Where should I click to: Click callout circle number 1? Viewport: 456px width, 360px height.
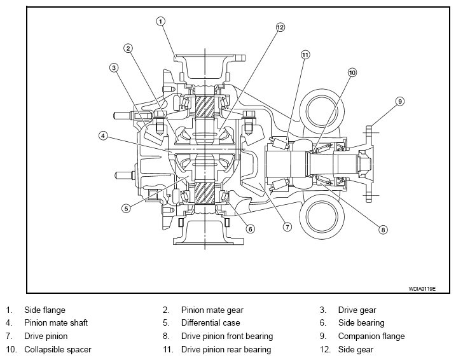pos(160,21)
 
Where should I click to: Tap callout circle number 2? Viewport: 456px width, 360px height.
pos(128,48)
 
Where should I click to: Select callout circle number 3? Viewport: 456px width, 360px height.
pos(114,68)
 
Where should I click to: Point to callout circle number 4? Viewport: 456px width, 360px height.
pos(103,135)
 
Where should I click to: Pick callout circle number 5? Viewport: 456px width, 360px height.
pos(126,208)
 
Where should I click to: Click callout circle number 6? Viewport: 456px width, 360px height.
pos(251,229)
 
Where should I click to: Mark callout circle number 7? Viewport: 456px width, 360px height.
pos(287,227)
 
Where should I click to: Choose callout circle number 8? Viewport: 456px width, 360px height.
pos(383,230)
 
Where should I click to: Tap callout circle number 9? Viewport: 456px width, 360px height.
pos(400,101)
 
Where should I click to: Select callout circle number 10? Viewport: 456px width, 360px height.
pos(352,73)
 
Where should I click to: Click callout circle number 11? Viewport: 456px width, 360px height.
pos(305,55)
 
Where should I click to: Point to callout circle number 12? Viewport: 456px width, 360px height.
pos(280,27)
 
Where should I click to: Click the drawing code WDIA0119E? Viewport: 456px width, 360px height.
pos(422,289)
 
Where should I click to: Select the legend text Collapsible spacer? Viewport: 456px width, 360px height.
pos(58,349)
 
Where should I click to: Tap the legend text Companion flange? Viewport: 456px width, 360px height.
pos(371,336)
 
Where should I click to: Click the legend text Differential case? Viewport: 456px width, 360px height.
pos(211,322)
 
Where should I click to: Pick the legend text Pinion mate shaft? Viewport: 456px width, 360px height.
pos(56,322)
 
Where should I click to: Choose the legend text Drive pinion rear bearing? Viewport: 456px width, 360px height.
pos(226,349)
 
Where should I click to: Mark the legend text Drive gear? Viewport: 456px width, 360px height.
pos(357,310)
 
